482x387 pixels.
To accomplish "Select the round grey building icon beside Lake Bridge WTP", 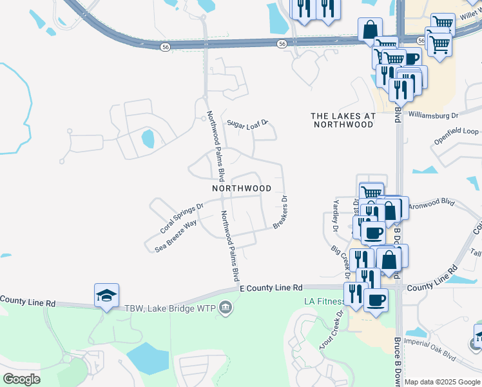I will pos(226,307).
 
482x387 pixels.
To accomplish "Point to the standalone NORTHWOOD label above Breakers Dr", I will pos(242,188).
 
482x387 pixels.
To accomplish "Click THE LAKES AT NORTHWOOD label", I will pos(343,120).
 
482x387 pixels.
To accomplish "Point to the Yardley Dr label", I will pos(336,215).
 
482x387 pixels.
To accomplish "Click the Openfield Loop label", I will pos(456,138).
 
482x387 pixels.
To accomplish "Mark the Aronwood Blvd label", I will pos(432,203).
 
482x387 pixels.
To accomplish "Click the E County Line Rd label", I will pos(271,288).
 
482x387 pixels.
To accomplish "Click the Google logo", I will pos(21,379).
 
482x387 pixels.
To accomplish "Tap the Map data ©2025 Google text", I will pos(443,382).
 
